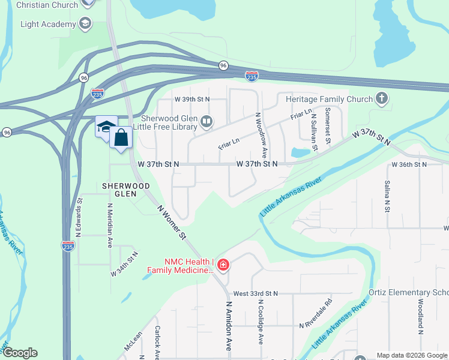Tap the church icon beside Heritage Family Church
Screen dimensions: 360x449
(x=381, y=98)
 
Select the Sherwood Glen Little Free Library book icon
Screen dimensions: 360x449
(x=206, y=122)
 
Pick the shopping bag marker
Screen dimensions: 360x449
(x=121, y=138)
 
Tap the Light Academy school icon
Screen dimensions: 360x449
(x=85, y=24)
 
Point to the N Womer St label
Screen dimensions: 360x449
(x=172, y=223)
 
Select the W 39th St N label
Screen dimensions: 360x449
(x=192, y=99)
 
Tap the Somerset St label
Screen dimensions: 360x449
(x=328, y=127)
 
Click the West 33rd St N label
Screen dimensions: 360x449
(x=255, y=293)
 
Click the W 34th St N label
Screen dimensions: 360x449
(x=124, y=263)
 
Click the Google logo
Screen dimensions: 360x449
(x=19, y=353)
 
